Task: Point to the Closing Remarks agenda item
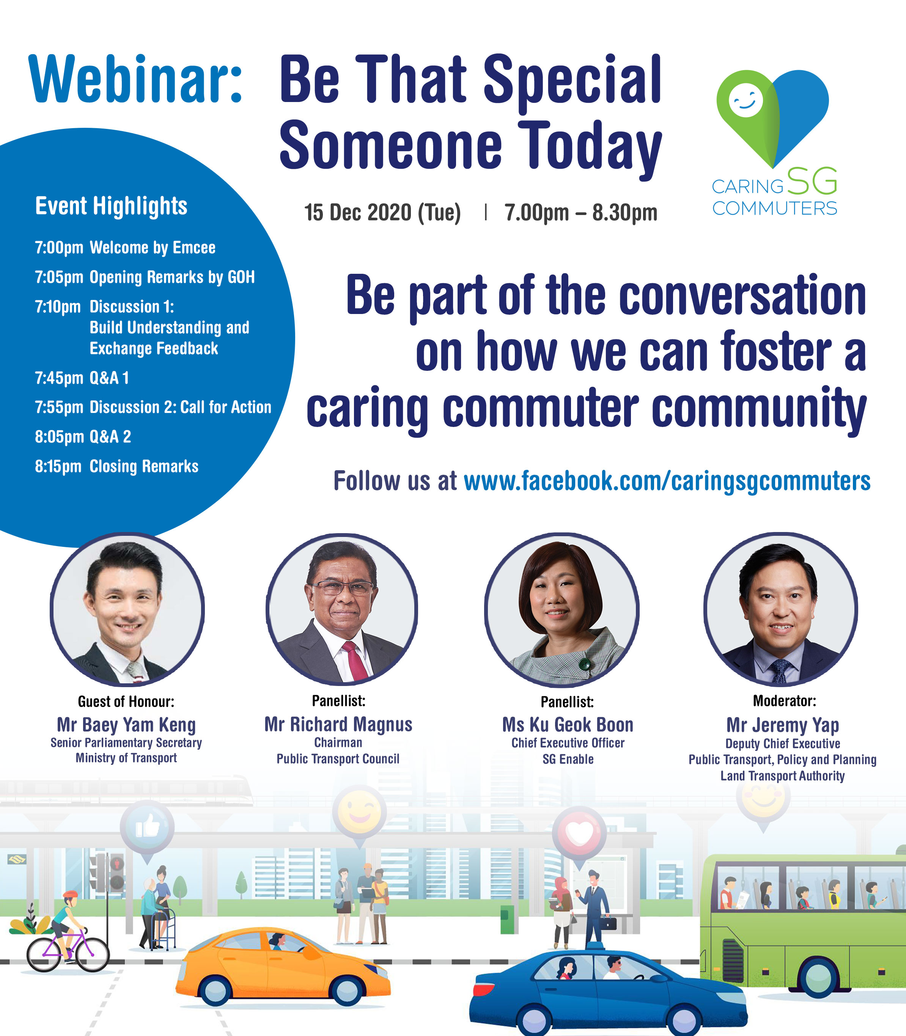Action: (x=144, y=466)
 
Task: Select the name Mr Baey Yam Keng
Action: (x=126, y=725)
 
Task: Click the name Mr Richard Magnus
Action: (x=338, y=725)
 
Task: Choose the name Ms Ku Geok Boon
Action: (x=568, y=725)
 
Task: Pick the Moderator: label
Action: (x=784, y=701)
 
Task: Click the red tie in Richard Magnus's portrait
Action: (x=355, y=661)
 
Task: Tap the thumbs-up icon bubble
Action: (x=147, y=827)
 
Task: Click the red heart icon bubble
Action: (x=579, y=834)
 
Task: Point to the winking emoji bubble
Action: (x=359, y=813)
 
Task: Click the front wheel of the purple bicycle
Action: (x=93, y=954)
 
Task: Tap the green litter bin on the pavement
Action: (x=508, y=919)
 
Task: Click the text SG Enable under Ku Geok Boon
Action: (x=568, y=759)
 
